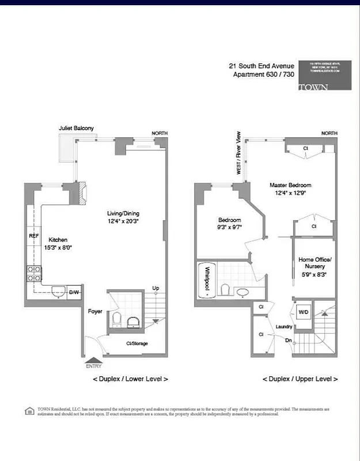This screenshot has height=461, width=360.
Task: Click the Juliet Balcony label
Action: coord(76,128)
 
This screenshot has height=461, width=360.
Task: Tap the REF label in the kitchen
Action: coord(33,236)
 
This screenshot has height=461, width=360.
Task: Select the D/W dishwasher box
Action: coord(74,293)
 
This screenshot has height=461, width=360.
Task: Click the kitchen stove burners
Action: coord(33,273)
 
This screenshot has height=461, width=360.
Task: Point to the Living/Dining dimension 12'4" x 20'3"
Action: coord(123,221)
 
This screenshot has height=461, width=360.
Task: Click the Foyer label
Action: coord(95,311)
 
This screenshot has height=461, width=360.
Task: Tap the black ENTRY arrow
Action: coord(93,360)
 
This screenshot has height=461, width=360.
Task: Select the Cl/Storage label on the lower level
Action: coord(137,344)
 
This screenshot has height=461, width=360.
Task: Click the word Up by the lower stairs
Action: coord(156,288)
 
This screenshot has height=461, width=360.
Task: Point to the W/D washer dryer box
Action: coord(302,312)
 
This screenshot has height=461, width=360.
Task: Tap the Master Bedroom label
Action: coord(290,185)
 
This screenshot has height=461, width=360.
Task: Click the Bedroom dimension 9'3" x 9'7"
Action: coord(229,228)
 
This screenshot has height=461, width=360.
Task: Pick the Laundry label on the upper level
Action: coord(283,326)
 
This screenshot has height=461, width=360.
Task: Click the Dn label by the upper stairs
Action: coord(288,340)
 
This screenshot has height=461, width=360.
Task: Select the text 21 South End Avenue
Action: coord(262,66)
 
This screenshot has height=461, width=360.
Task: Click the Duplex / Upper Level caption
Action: coord(300,379)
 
